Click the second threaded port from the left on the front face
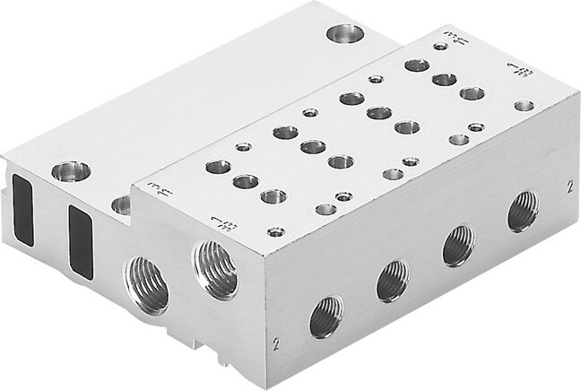tap(392, 280)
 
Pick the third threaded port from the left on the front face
tap(458, 245)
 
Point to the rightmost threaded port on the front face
tap(522, 212)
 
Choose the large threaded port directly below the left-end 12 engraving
tap(215, 268)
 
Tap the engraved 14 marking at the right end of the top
tap(439, 40)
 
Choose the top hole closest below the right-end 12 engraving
tap(525, 106)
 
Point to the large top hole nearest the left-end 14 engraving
tap(218, 167)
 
